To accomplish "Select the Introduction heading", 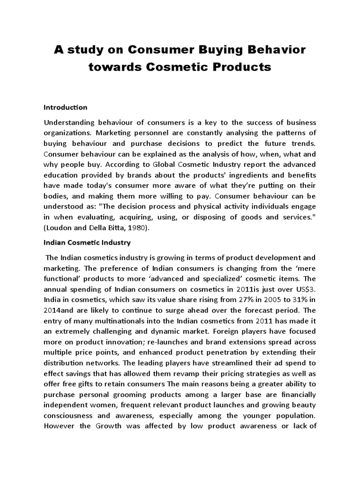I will pyautogui.click(x=65, y=107).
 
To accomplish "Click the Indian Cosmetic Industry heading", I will pyautogui.click(x=87, y=243).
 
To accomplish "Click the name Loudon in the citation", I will pyautogui.click(x=59, y=227).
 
